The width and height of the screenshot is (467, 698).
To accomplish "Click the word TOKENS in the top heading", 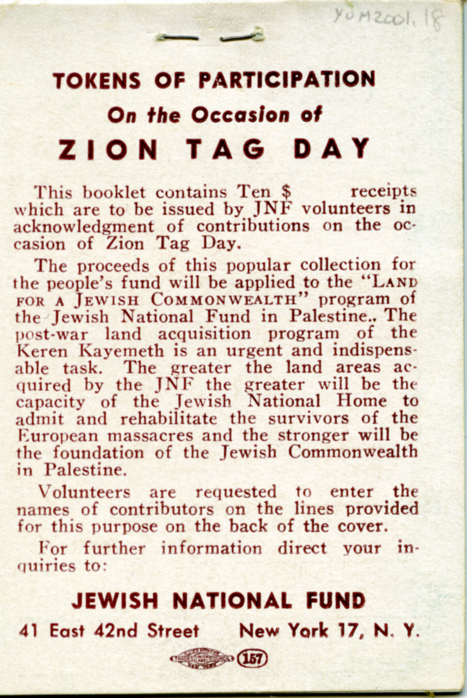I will coord(97,81).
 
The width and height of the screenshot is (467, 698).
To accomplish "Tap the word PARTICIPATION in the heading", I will coord(286,80).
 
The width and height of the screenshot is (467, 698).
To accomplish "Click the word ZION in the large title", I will coord(108,150).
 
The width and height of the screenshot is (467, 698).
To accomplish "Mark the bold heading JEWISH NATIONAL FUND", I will coord(218,601).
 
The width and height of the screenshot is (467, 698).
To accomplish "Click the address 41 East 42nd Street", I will coord(109,631).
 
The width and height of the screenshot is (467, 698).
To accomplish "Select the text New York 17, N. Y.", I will coord(329,631).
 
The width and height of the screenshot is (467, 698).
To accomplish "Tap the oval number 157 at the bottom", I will coord(252,659).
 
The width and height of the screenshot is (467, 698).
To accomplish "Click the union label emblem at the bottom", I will coord(202,659).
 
